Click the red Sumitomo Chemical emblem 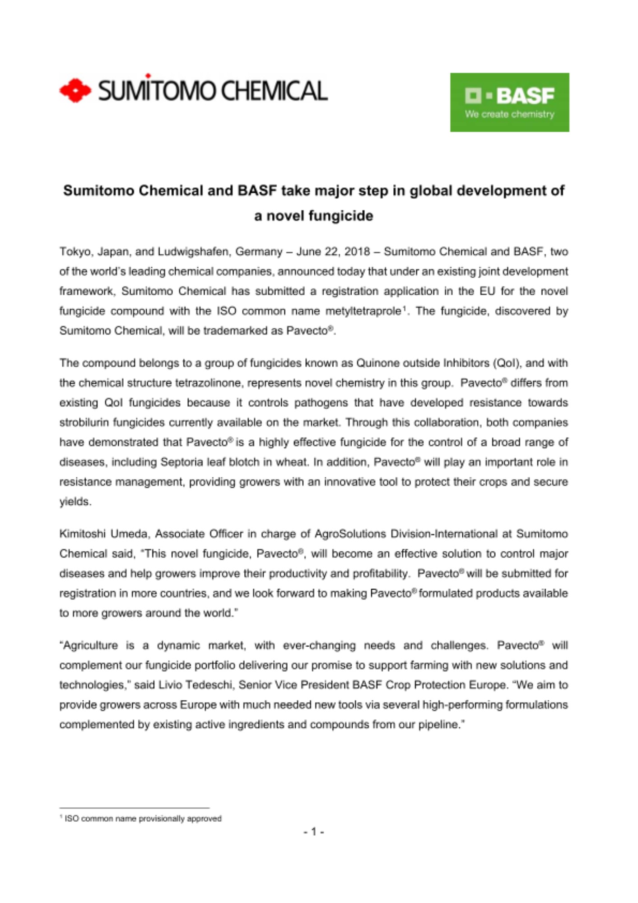pyautogui.click(x=75, y=90)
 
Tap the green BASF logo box pyautogui.click(x=509, y=102)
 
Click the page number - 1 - pyautogui.click(x=314, y=831)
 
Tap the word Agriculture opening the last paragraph pyautogui.click(x=90, y=645)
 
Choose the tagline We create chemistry pyautogui.click(x=509, y=114)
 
